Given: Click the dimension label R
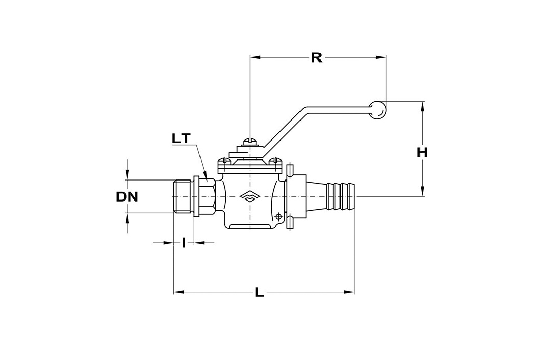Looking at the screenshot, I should click(x=316, y=57).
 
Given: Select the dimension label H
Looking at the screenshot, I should click(x=422, y=152).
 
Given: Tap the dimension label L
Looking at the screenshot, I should click(x=259, y=293).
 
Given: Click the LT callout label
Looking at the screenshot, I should click(x=182, y=138).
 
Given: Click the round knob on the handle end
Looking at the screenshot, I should click(x=378, y=109).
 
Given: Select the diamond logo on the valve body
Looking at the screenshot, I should click(x=249, y=196).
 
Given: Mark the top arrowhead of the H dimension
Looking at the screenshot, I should click(x=423, y=106).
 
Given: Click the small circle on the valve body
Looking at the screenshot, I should click(x=277, y=216).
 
